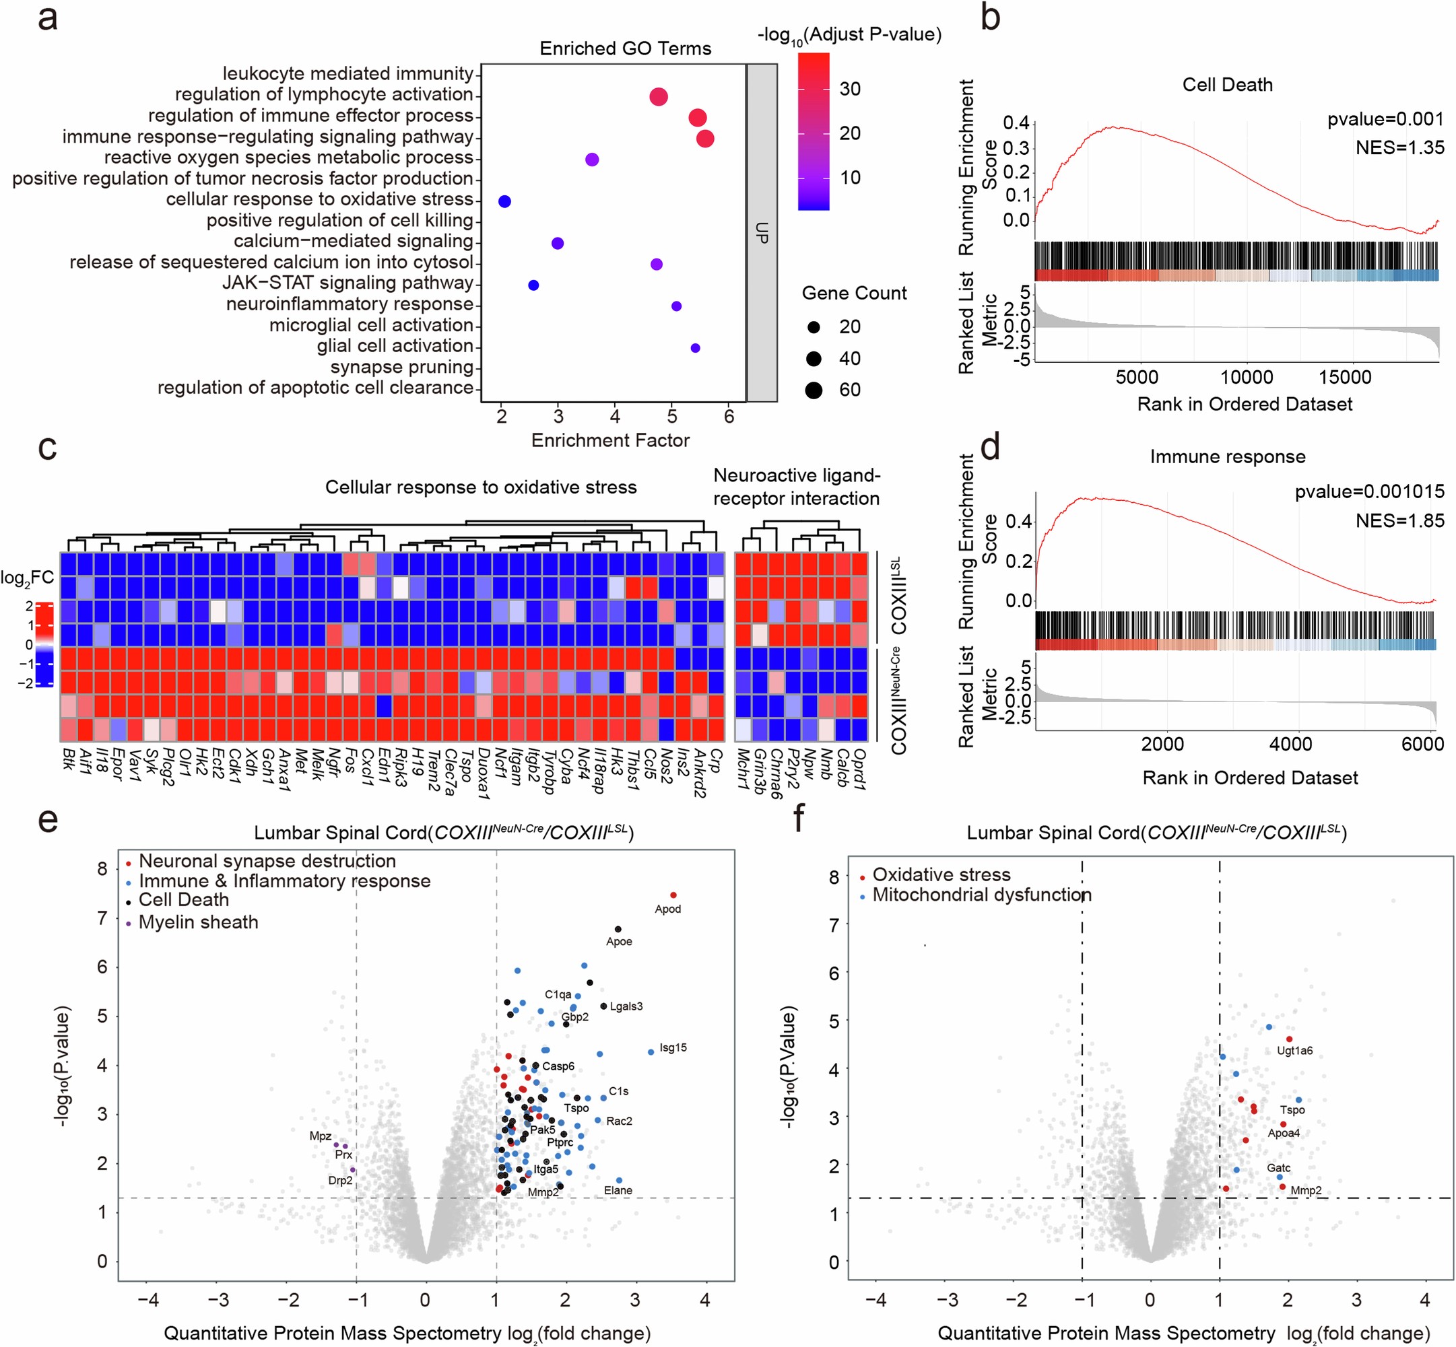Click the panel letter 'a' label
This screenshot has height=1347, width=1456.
point(47,18)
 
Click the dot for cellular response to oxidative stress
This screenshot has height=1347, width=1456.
point(504,201)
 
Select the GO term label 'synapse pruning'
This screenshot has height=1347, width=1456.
point(402,367)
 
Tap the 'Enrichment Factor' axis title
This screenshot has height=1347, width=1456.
point(609,440)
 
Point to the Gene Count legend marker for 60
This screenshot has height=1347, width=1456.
point(814,390)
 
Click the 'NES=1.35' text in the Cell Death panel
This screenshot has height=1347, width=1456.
point(1399,147)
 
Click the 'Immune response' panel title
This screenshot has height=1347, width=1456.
point(1227,457)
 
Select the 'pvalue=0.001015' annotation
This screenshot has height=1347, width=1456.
point(1368,491)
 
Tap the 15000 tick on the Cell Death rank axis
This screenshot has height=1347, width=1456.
point(1344,377)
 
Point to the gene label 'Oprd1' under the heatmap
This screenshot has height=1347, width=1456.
point(859,768)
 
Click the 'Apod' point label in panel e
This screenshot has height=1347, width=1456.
point(667,909)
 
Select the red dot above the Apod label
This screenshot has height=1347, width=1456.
point(673,895)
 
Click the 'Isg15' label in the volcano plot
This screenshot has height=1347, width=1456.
point(672,1047)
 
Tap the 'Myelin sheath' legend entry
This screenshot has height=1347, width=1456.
point(198,922)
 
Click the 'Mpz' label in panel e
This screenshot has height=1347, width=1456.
point(320,1136)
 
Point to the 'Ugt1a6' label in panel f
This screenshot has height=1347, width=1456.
point(1294,1050)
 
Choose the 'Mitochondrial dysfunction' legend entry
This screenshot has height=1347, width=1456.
point(981,895)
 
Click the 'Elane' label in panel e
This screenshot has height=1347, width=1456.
point(618,1190)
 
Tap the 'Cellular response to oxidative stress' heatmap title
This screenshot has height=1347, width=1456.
point(480,487)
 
